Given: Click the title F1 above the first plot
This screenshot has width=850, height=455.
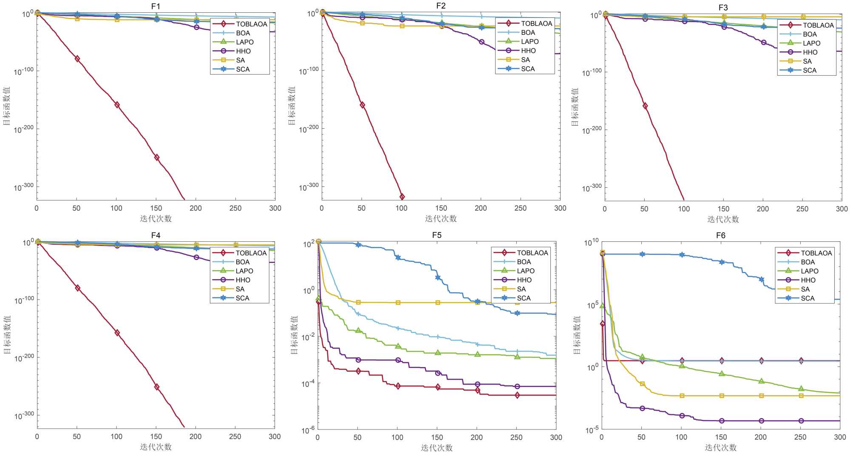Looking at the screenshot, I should [x=156, y=6].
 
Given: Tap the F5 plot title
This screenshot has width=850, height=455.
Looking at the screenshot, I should [x=436, y=235].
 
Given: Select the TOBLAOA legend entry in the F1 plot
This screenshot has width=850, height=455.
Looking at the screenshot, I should [x=251, y=24].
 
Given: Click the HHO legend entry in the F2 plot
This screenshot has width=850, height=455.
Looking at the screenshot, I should [x=528, y=51].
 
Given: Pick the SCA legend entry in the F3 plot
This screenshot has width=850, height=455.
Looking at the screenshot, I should [x=810, y=70].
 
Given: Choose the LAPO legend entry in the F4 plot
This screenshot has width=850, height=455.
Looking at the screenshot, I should [x=244, y=271].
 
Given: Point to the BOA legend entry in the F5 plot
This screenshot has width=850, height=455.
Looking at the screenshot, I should [x=524, y=262].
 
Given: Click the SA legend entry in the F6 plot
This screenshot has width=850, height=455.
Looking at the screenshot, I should [x=805, y=289].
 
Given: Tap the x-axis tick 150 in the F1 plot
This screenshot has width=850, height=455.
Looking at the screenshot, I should [x=156, y=208].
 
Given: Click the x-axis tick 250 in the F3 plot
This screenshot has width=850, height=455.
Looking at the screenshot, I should [x=802, y=209].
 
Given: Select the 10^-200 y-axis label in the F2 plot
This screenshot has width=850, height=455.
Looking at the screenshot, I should [x=309, y=129].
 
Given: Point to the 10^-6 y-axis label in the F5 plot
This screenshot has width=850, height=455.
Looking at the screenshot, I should [x=309, y=430].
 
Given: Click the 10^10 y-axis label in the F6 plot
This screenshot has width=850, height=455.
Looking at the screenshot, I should [x=591, y=243].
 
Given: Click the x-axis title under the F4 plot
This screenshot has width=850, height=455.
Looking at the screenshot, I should [x=156, y=447].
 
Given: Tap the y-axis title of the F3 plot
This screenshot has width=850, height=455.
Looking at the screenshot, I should [x=575, y=107].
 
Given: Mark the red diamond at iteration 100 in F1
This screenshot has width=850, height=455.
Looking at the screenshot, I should [x=117, y=105].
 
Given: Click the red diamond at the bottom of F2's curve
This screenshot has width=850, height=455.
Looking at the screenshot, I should [x=402, y=197].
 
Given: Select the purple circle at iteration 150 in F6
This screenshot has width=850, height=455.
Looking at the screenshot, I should [x=722, y=421].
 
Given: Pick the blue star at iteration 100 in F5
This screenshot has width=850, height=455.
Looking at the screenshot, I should [x=398, y=257].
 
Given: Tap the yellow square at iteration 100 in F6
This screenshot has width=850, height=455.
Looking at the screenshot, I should [x=682, y=396].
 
